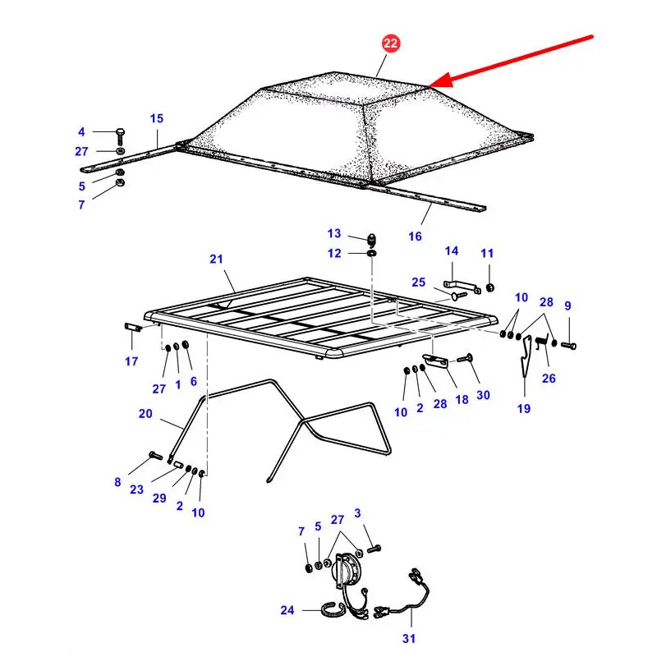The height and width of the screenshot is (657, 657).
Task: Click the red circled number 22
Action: coord(391,44)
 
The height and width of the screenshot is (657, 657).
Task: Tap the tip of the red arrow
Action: coord(428,87)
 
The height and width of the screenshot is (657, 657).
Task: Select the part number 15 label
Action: coord(157,118)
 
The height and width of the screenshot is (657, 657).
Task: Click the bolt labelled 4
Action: coord(120,136)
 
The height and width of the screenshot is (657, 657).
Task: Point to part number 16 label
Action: coord(415,237)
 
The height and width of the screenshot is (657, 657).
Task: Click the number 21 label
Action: coord(216,259)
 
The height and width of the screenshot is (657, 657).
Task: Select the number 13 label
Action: coord(334,233)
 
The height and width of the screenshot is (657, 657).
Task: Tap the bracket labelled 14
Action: coord(462,286)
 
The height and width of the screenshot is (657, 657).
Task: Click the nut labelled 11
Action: coord(489,287)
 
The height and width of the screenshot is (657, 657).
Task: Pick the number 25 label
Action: coord(418,282)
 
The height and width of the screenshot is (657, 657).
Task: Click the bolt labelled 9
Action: coord(568,346)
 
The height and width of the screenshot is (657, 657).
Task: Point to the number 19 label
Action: coord(524,408)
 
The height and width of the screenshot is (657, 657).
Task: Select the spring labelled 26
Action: coord(541,342)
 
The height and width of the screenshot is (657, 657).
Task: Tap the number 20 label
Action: coord(145,414)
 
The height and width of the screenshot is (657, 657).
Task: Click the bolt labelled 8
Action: coord(155,456)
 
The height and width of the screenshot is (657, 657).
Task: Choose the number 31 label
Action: coord(409,639)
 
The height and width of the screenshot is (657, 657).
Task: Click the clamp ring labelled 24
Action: coord(333,609)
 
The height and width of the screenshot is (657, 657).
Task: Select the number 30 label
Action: coord(483,395)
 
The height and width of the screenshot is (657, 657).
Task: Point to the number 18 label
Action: coord(462,400)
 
